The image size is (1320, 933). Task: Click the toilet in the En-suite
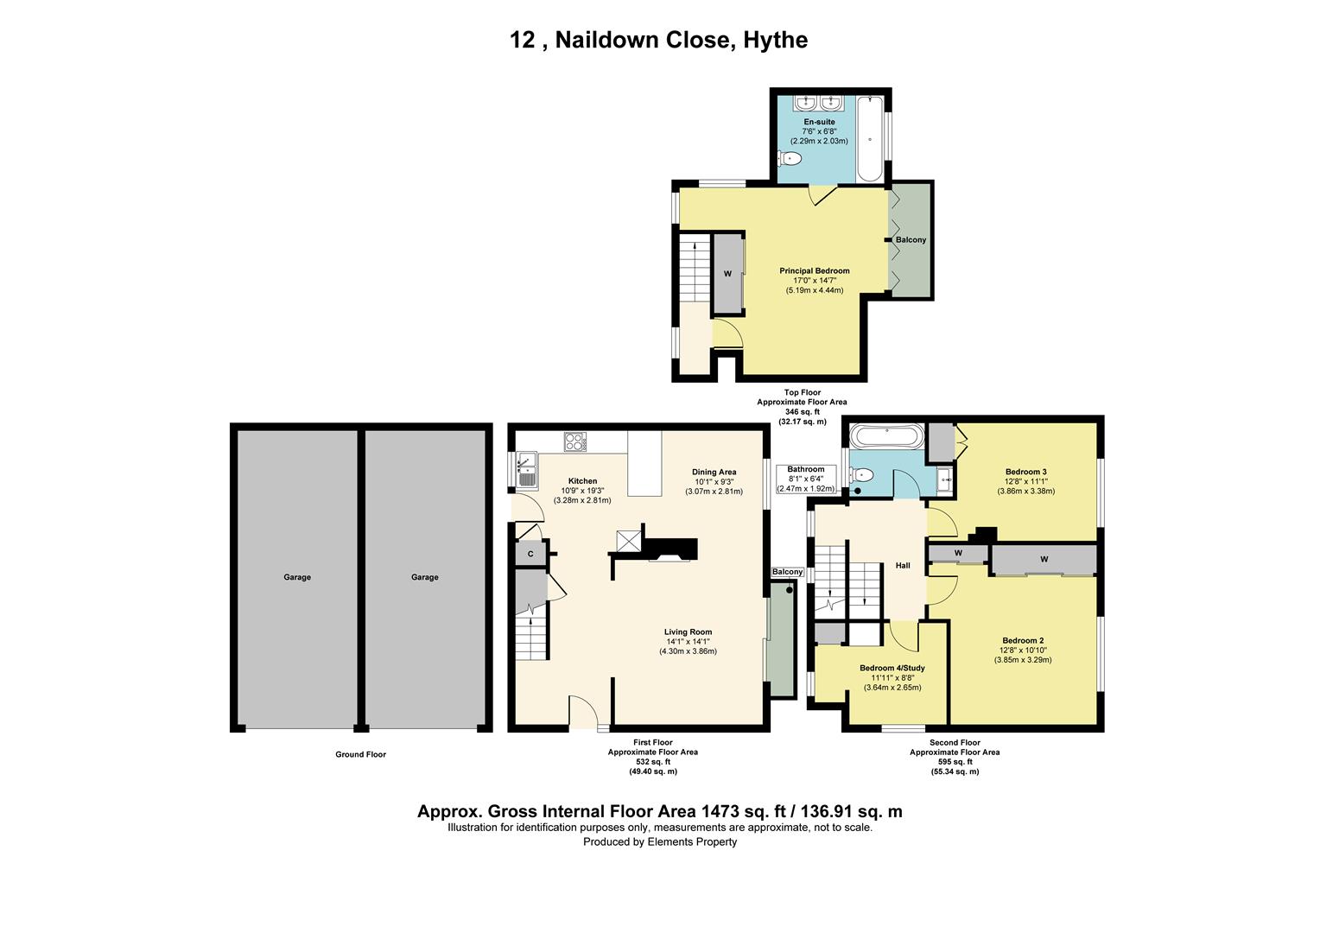pyautogui.click(x=790, y=159)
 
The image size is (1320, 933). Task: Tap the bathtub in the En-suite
pyautogui.click(x=870, y=139)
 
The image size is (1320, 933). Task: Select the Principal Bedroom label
pyautogui.click(x=815, y=271)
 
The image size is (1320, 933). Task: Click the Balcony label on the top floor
pyautogui.click(x=911, y=240)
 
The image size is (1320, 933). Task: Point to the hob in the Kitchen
pyautogui.click(x=575, y=442)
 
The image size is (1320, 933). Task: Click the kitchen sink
pyautogui.click(x=526, y=472)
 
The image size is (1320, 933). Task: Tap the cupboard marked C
pyautogui.click(x=530, y=554)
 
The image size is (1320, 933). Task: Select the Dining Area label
pyautogui.click(x=714, y=472)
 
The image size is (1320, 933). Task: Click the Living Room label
pyautogui.click(x=688, y=632)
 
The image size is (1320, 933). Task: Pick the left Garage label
pyautogui.click(x=297, y=577)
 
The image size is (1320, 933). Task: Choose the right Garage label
pyautogui.click(x=424, y=577)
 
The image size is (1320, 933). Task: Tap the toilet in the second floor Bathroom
pyautogui.click(x=861, y=474)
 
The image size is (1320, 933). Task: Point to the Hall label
pyautogui.click(x=903, y=565)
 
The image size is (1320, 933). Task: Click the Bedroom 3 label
pyautogui.click(x=1026, y=472)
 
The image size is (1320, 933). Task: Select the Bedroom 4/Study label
pyautogui.click(x=892, y=668)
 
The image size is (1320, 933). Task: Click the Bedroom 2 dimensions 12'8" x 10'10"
pyautogui.click(x=1023, y=651)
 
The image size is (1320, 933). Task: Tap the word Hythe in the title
pyautogui.click(x=775, y=40)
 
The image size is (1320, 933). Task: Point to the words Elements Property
pyautogui.click(x=692, y=842)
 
